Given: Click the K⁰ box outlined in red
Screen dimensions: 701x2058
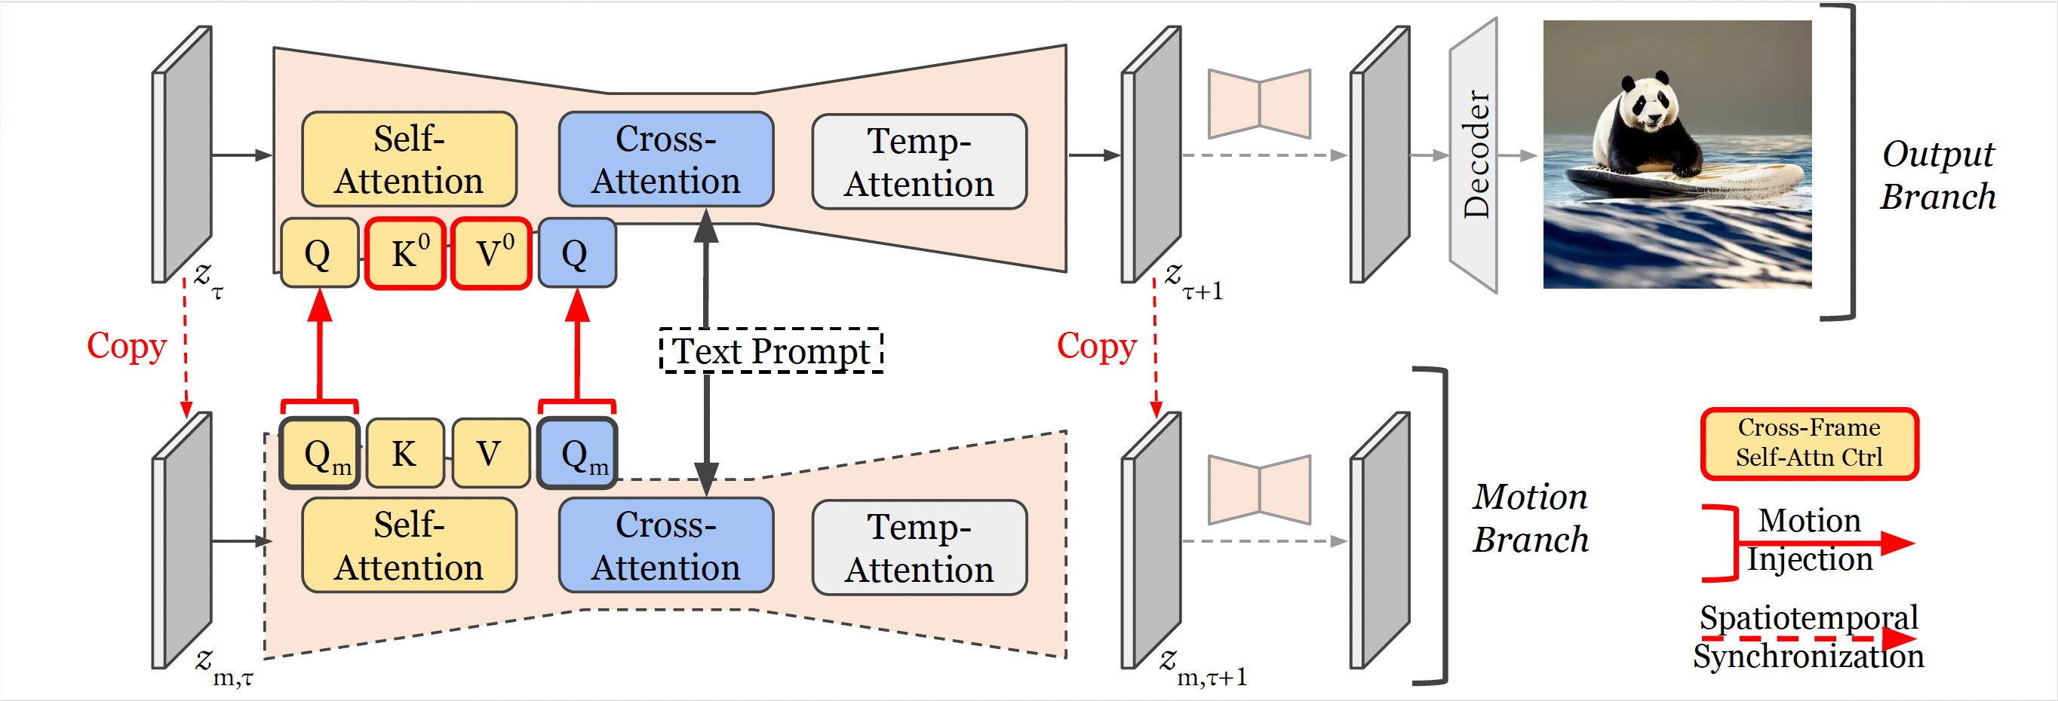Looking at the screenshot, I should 405,253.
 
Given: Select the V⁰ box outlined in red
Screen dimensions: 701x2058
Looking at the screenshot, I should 491,253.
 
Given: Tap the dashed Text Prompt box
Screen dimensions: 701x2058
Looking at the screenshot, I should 771,350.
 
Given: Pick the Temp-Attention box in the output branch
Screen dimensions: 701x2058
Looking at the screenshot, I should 919,162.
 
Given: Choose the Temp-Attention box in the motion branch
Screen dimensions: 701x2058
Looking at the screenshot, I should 919,548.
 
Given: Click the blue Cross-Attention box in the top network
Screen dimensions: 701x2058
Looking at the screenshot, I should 665,160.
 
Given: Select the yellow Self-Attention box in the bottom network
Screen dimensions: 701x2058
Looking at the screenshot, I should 409,545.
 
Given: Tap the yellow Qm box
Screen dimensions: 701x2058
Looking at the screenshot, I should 320,454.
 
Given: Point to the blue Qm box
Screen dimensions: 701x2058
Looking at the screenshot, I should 577,454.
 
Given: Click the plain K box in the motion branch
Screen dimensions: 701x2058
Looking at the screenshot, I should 405,454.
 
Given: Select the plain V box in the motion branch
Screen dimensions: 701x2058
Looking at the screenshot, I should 490,454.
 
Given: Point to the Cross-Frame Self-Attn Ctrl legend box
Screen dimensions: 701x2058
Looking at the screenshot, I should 1809,443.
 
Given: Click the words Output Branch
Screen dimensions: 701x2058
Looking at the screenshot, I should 1937,176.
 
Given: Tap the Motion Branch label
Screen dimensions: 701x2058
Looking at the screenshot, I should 1530,518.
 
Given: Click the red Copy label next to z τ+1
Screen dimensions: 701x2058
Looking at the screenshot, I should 1096,347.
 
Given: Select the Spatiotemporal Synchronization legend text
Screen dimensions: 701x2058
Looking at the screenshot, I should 1808,636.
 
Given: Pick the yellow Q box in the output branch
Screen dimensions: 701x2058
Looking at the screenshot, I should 319,253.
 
